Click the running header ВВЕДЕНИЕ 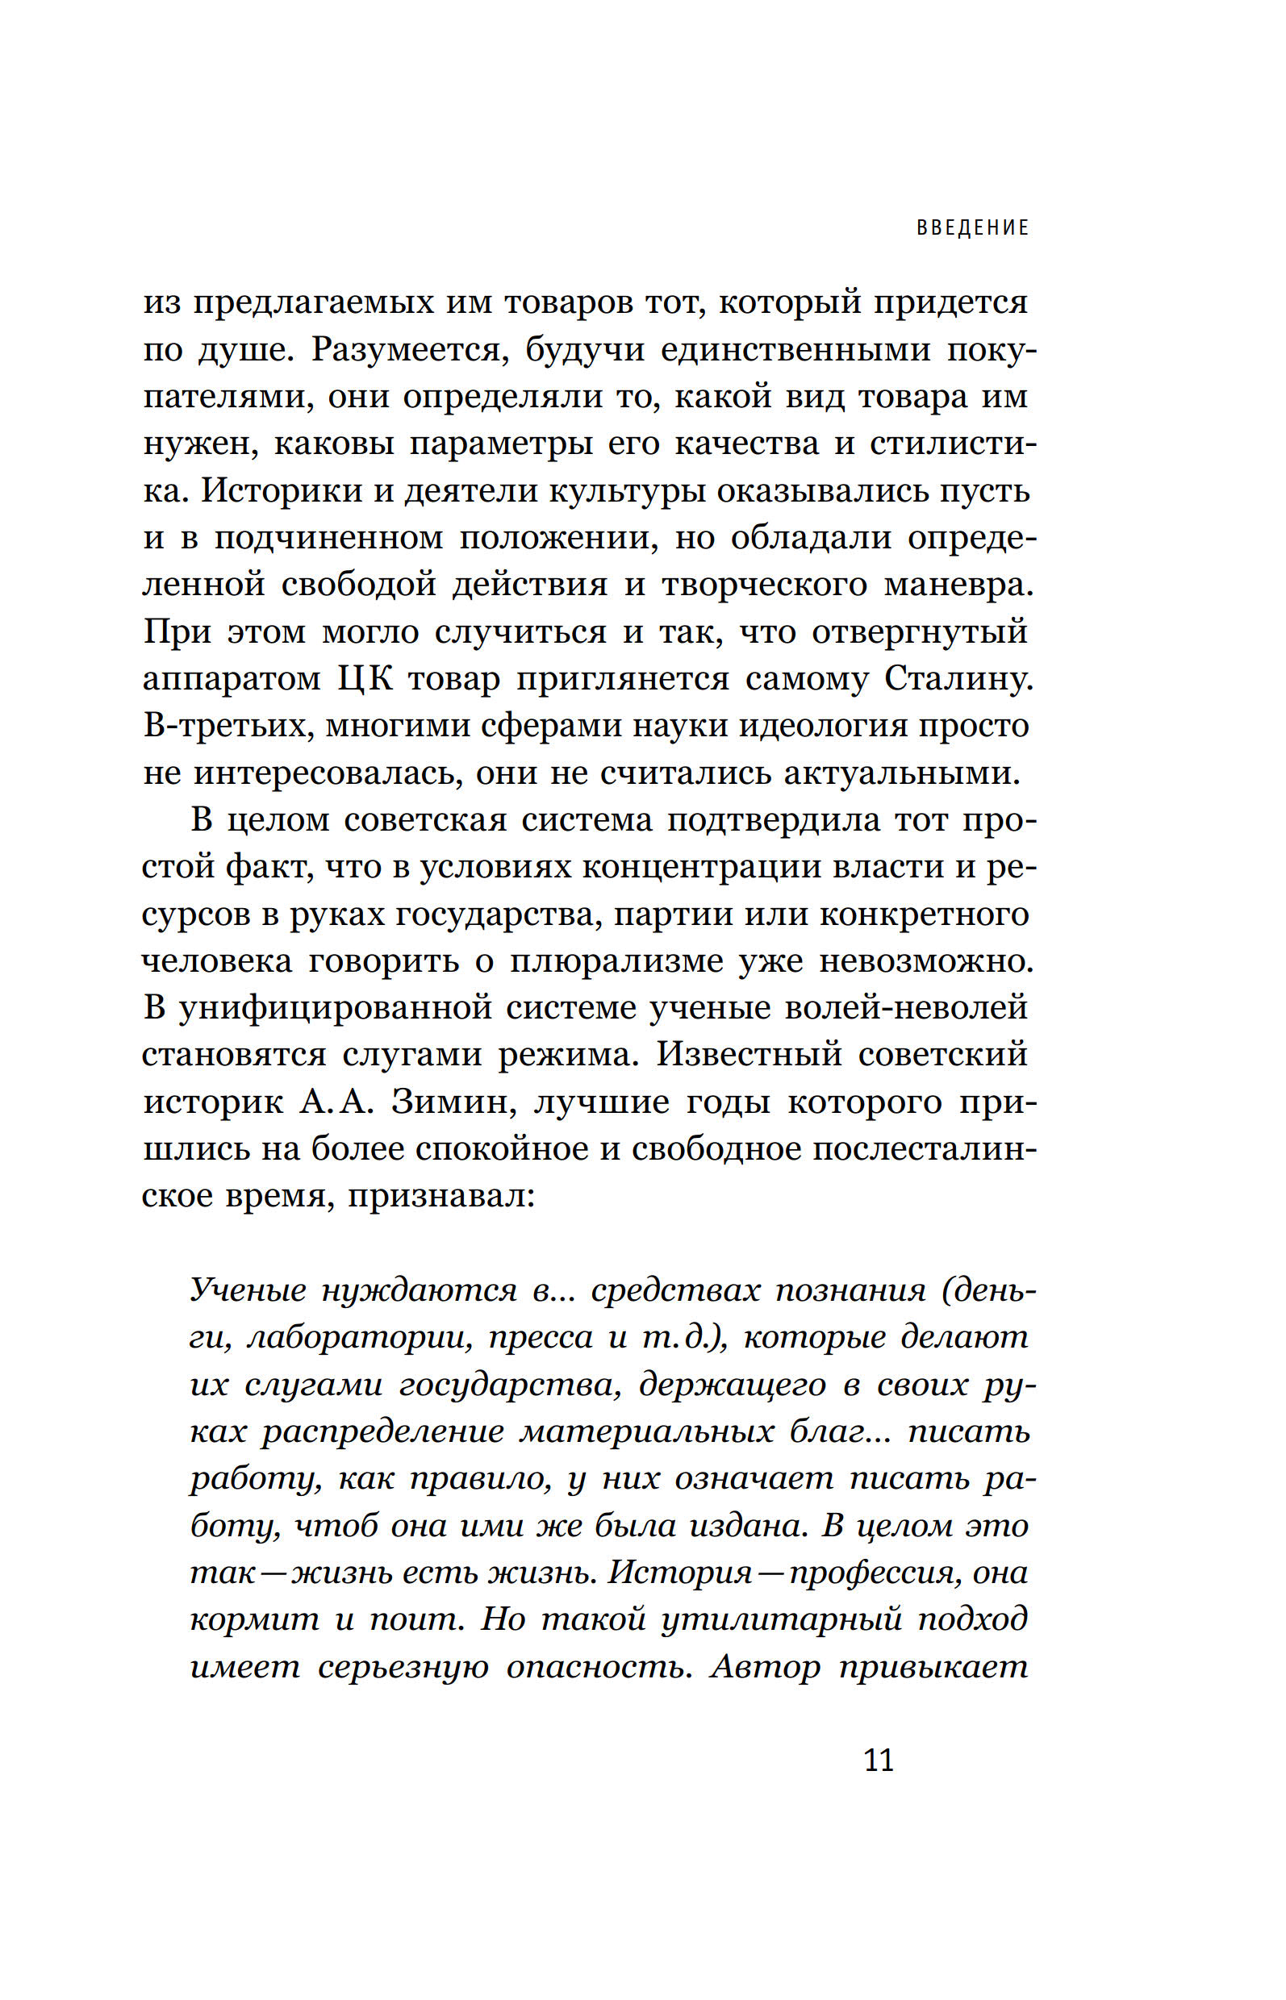[972, 228]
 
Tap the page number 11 [879, 1760]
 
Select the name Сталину [958, 679]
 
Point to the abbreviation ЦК [365, 679]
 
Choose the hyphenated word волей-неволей [906, 1007]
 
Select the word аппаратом [232, 679]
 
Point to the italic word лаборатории [361, 1338]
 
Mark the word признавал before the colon [440, 1196]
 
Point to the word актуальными [902, 773]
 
